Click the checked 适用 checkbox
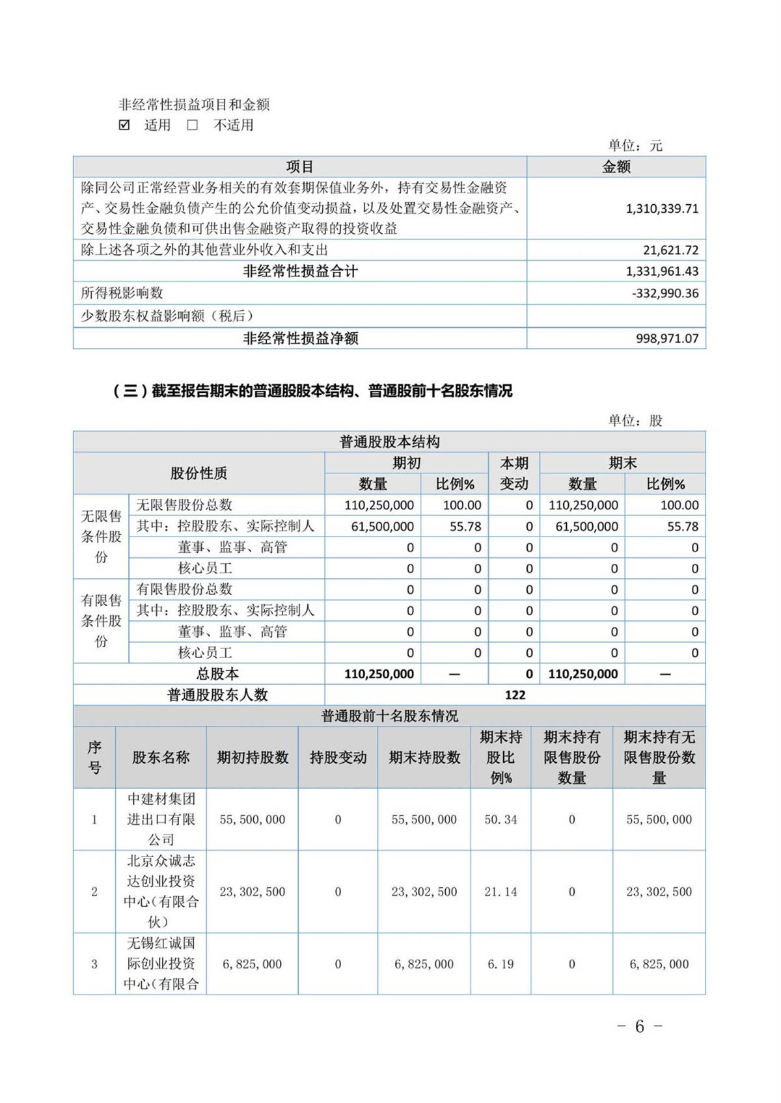[124, 125]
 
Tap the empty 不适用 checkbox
[193, 125]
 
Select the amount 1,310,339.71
[662, 209]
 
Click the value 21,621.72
[671, 250]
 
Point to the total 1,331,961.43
[662, 271]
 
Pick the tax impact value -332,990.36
[665, 293]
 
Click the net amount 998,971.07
[667, 338]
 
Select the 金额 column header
[616, 167]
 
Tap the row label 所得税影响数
[122, 293]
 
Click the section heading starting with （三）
[312, 391]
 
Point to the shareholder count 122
[515, 695]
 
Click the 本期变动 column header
[514, 473]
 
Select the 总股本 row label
[217, 674]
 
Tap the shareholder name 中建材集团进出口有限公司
[161, 819]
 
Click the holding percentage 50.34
[500, 819]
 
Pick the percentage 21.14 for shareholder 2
[500, 892]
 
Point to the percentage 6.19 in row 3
[500, 964]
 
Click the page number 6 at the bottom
[640, 1026]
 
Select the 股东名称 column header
[161, 757]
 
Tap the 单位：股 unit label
[635, 421]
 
